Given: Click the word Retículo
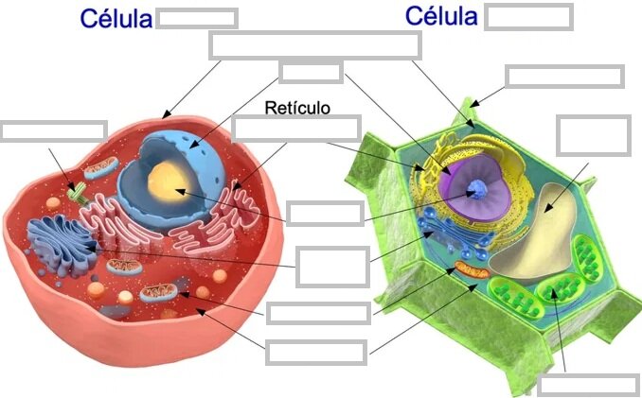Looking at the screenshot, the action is coord(297,108).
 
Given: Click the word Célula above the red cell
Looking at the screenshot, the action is coord(116,19).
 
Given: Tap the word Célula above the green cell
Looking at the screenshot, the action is coord(441,16).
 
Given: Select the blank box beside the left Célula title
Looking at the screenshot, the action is coord(197,18).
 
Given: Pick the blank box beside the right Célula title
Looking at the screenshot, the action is coord(528,17).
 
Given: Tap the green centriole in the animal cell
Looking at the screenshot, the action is coord(78,193).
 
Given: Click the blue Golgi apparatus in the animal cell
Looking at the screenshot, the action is coord(62,245).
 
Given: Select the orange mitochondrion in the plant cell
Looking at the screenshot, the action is coord(473,270).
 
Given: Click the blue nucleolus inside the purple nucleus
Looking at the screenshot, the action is coord(477,190).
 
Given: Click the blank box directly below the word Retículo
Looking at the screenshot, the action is coord(296,129).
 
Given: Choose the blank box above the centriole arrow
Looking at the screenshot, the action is coord(54,131).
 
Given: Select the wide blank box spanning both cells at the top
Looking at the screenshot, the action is coord(315,45).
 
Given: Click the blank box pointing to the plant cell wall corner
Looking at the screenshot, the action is coord(564,77).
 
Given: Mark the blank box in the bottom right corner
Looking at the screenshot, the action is coord(589,385).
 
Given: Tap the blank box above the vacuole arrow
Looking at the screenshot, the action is coord(594,135).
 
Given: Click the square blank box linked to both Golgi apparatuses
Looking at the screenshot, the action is coord(333,267).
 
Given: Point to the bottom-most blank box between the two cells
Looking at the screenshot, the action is coord(316,353).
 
